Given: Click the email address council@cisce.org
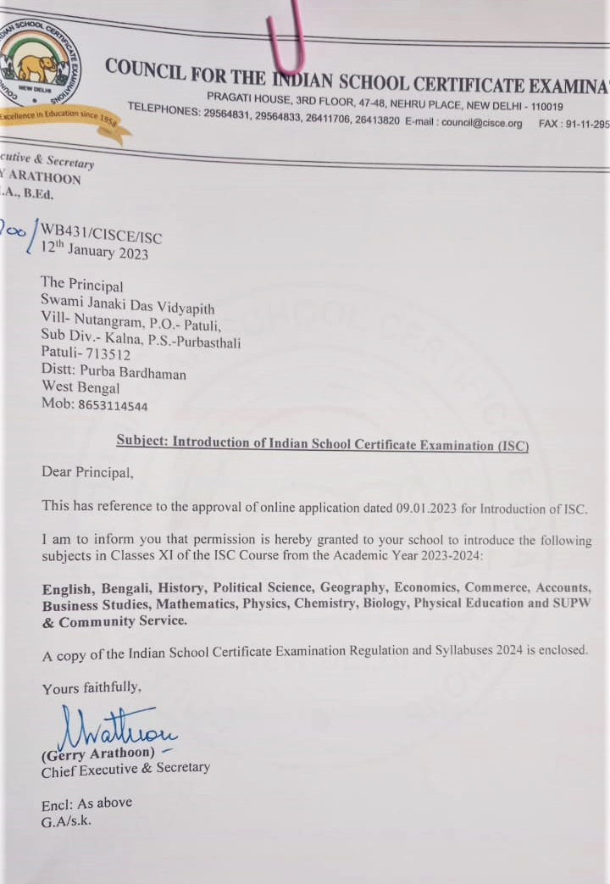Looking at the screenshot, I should coord(481,122).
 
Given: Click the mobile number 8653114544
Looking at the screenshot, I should coord(113,406).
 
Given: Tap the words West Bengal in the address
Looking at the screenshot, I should coord(80,388).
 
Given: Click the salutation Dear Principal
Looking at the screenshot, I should coord(87,472).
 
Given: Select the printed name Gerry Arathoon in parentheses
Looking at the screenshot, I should coord(98,753).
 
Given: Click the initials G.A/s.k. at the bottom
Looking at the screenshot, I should coord(67,820).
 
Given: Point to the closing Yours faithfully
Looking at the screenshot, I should coord(91,688).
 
